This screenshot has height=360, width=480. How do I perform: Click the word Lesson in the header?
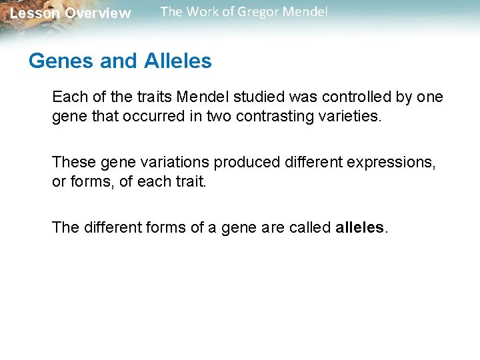pos(35,13)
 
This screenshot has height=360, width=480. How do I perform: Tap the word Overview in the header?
pos(98,13)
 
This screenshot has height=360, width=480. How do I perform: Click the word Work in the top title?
pos(199,12)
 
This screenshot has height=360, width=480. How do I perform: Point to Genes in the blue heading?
pos(61,61)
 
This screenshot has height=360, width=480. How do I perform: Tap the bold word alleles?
pos(359,227)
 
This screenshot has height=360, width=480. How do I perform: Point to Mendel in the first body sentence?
pos(199,97)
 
